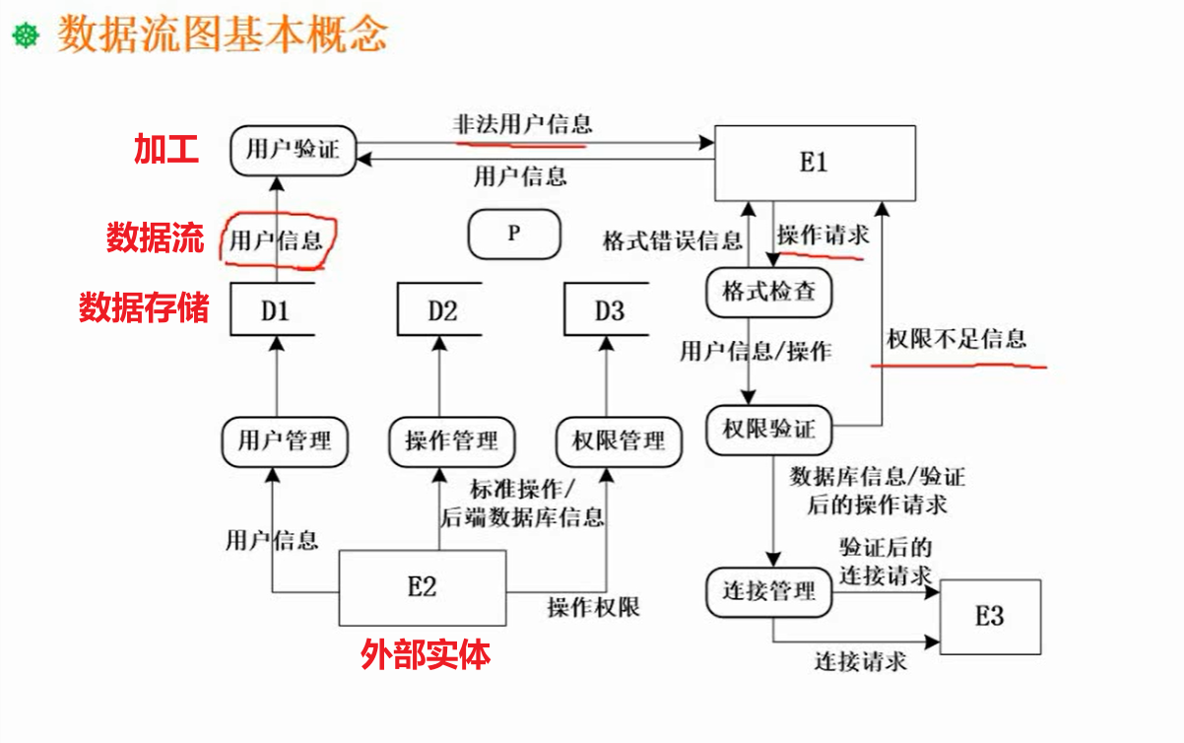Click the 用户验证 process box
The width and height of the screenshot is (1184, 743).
click(293, 151)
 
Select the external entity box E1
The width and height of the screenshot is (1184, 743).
click(814, 163)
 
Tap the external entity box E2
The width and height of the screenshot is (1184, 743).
click(422, 587)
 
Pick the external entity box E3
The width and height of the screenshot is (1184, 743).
click(989, 616)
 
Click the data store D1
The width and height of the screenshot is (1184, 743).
click(274, 310)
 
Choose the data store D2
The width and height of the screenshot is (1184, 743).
click(441, 310)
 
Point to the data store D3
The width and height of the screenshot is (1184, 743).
click(608, 310)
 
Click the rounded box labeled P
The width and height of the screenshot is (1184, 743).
click(513, 235)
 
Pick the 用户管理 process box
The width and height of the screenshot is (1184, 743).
click(285, 439)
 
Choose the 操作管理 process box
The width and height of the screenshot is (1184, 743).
click(452, 439)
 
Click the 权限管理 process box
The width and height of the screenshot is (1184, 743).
click(619, 439)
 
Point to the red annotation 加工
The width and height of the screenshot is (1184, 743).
click(166, 150)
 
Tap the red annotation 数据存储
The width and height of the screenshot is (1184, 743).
click(144, 308)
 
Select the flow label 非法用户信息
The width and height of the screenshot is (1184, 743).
click(522, 124)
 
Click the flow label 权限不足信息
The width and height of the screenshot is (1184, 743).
click(956, 339)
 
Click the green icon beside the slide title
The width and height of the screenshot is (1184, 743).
click(26, 36)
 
